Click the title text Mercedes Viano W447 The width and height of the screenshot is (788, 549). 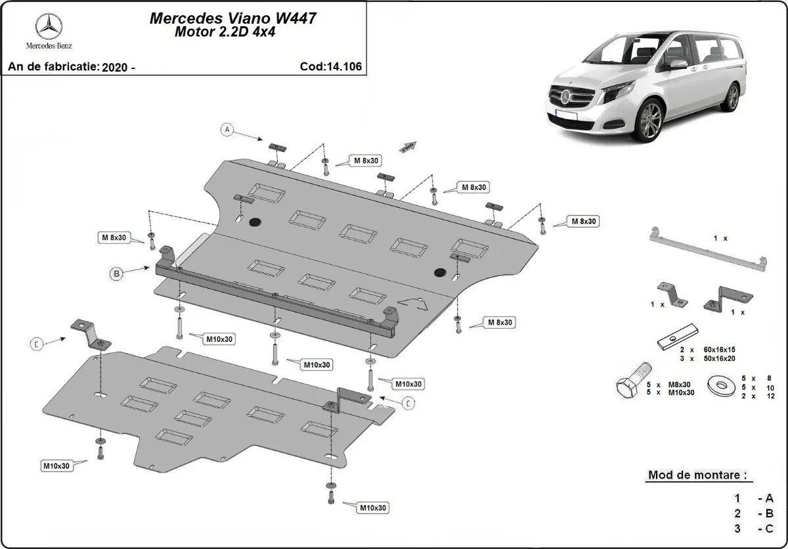[x=234, y=18]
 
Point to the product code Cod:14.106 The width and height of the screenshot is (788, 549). [x=330, y=66]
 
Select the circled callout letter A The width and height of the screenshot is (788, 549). [x=227, y=130]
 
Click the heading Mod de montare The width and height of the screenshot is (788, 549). [x=697, y=475]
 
